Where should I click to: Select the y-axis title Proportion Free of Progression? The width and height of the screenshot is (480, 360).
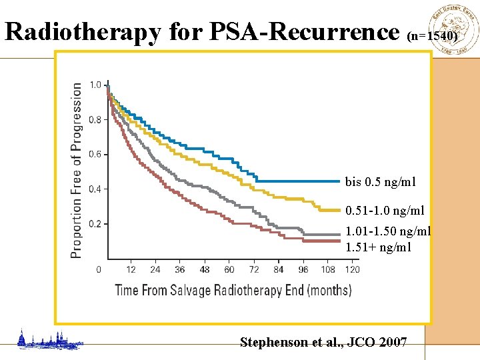point(77,170)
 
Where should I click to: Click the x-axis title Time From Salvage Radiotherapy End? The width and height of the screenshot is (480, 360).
point(233,289)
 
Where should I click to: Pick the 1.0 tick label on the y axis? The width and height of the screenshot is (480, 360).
point(95,85)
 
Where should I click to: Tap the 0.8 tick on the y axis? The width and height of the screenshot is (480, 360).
point(95,120)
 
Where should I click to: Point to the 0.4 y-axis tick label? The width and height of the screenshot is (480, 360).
point(95,189)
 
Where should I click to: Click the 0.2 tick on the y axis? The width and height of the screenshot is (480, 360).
point(95,224)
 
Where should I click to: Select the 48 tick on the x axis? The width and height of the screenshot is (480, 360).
point(205,269)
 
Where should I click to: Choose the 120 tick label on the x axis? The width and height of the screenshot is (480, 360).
point(352,269)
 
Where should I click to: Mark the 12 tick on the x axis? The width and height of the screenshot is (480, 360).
point(131,269)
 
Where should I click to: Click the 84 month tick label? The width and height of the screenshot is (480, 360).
point(279,269)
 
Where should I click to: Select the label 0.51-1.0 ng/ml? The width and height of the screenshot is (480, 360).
point(385,211)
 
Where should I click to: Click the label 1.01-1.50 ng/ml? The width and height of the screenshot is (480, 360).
point(388,232)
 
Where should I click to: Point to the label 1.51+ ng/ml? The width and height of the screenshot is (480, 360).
point(378,247)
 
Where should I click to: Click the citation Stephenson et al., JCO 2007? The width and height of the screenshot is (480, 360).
point(323,343)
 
